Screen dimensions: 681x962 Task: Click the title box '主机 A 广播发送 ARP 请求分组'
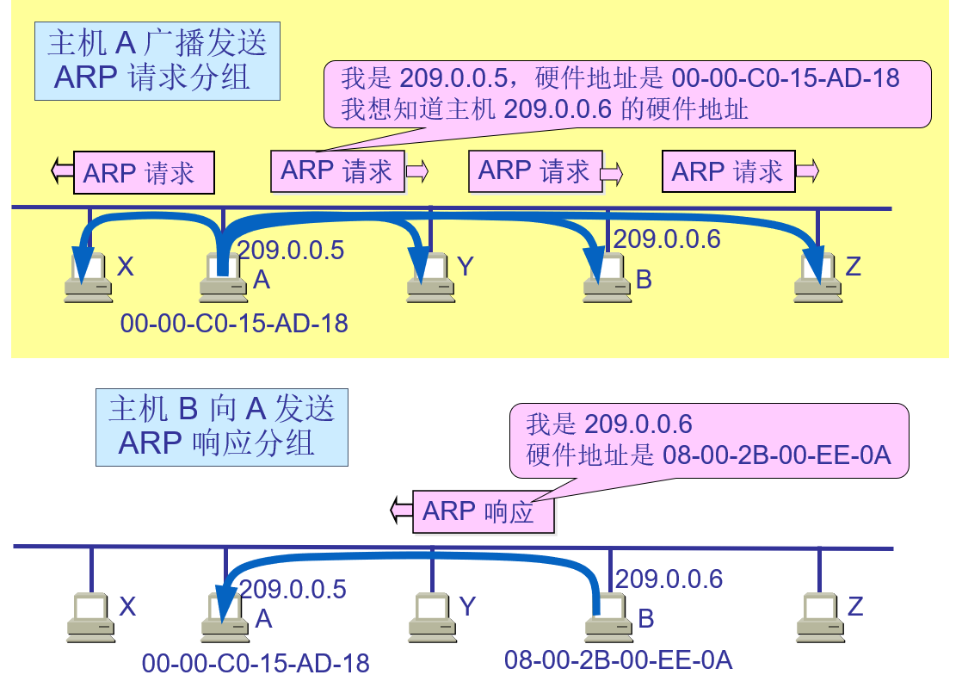tap(157, 61)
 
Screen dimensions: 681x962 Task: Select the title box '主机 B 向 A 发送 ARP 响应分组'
tap(221, 427)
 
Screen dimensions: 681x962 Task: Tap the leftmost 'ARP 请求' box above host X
tap(144, 173)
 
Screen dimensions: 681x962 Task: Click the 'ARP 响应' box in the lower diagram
tap(483, 512)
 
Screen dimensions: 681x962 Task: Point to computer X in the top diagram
tap(89, 277)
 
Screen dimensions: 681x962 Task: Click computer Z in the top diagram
tap(817, 277)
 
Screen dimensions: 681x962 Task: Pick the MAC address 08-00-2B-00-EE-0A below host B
tap(618, 661)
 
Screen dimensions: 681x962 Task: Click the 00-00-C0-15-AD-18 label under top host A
tap(234, 324)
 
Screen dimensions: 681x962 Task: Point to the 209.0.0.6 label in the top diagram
tap(667, 239)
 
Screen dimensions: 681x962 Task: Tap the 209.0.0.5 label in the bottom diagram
tap(293, 590)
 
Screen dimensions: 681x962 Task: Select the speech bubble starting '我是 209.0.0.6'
tap(707, 440)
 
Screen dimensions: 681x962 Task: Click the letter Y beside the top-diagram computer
tap(466, 267)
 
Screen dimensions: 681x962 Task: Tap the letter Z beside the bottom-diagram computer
tap(854, 607)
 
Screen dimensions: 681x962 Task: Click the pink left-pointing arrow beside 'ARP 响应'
tap(401, 511)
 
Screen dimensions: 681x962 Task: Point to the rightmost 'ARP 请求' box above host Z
tap(728, 172)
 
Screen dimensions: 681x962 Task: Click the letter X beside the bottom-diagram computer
tap(127, 607)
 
